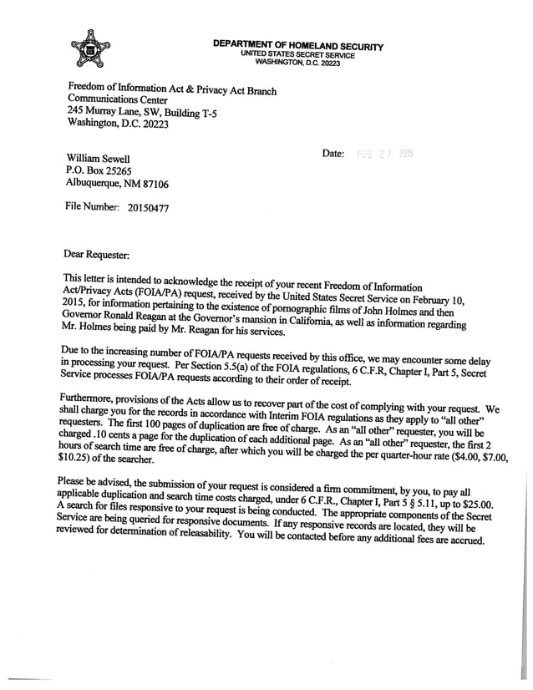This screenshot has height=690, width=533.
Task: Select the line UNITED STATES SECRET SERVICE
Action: (x=297, y=55)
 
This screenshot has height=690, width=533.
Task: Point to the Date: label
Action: (x=333, y=154)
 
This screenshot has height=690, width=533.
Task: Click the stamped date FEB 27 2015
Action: (x=385, y=154)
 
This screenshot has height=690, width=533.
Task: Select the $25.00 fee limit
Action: (x=477, y=504)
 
